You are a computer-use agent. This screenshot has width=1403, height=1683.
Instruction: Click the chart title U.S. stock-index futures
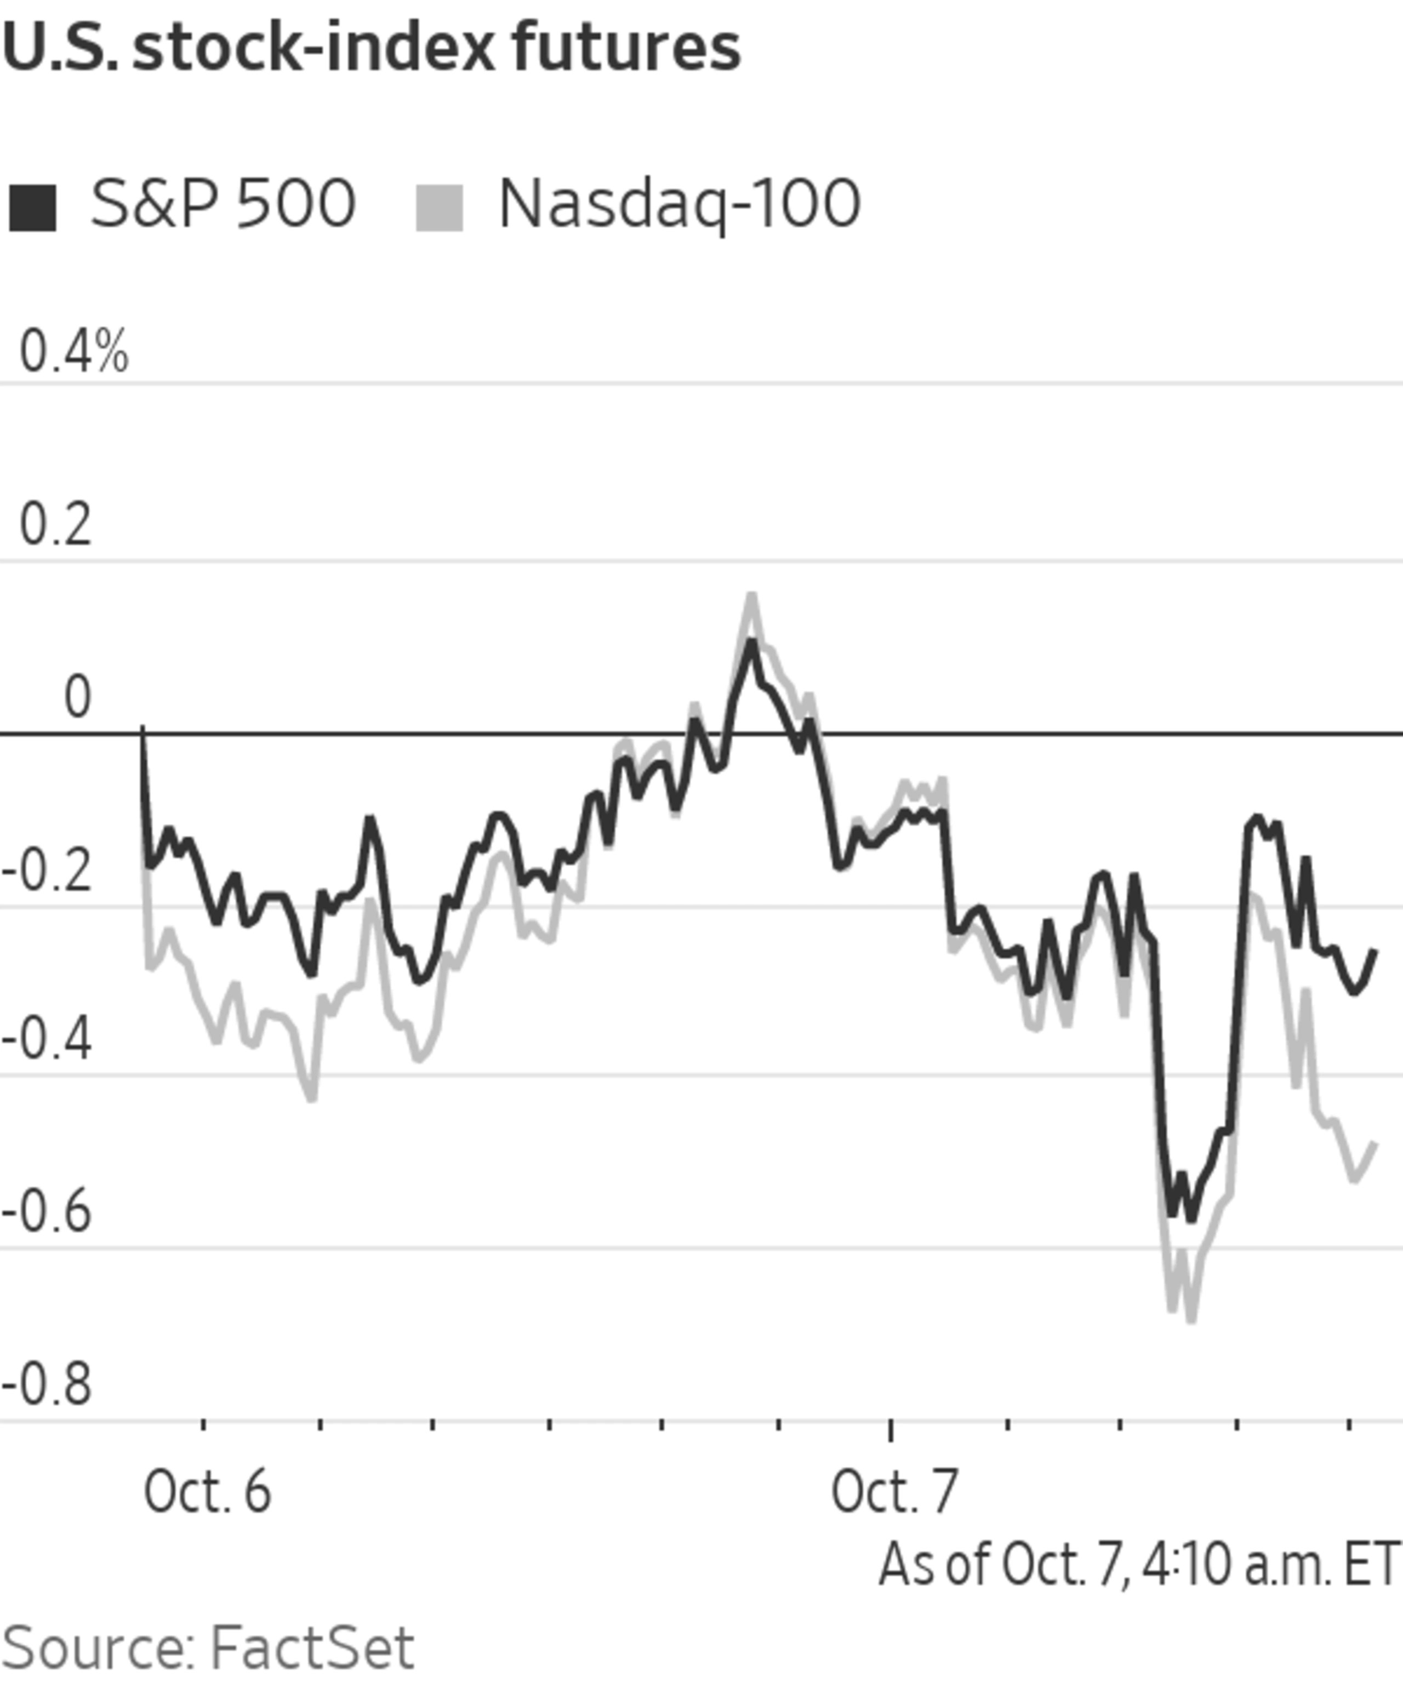pyautogui.click(x=371, y=48)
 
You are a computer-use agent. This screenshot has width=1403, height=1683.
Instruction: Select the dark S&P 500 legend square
pyautogui.click(x=32, y=208)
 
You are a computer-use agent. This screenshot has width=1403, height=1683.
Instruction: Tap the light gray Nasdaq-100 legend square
pyautogui.click(x=440, y=208)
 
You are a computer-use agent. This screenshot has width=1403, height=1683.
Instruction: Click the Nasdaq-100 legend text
pyautogui.click(x=679, y=204)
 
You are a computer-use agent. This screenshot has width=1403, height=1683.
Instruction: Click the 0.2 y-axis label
pyautogui.click(x=55, y=526)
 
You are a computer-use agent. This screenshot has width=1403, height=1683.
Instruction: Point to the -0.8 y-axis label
pyautogui.click(x=47, y=1386)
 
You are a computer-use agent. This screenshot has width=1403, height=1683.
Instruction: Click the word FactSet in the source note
pyautogui.click(x=313, y=1648)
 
